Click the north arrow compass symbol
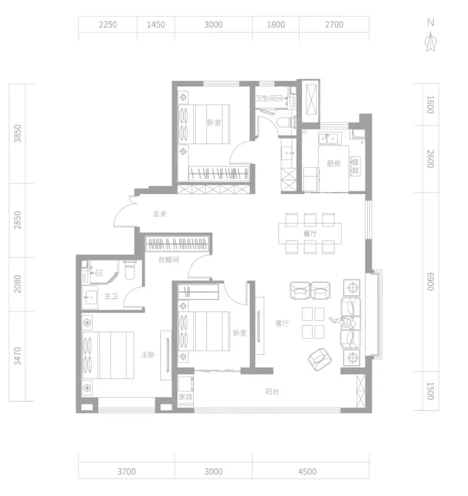[431, 43]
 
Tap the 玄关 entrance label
[160, 214]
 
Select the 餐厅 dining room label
[310, 234]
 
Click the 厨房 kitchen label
[334, 163]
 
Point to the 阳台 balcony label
[272, 392]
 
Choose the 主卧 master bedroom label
[148, 355]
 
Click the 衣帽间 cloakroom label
[168, 260]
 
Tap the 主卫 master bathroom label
[111, 296]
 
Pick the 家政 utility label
[186, 397]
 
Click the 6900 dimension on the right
[430, 281]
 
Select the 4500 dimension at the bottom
[307, 472]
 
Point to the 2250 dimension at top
[108, 24]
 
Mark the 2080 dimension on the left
[17, 284]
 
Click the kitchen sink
[329, 138]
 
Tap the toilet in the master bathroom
[130, 270]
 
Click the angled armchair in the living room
[319, 359]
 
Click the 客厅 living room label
[282, 323]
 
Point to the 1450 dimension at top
[155, 24]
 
